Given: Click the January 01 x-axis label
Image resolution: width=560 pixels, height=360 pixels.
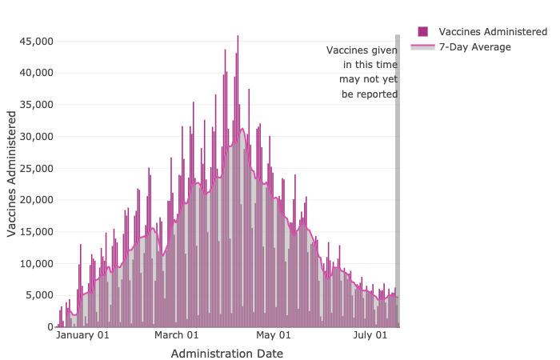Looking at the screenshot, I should click(x=82, y=336).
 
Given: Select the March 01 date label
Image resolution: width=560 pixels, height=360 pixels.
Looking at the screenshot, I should click(x=177, y=336).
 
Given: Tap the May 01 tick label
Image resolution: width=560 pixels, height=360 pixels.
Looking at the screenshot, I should click(x=274, y=336).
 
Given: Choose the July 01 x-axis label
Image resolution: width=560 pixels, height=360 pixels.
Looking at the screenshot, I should click(x=370, y=336).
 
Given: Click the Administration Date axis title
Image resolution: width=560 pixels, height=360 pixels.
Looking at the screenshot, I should click(x=226, y=353).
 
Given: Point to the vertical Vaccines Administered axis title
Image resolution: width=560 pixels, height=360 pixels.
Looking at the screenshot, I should click(x=12, y=174).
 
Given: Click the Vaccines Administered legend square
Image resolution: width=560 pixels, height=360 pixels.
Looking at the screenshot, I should click(x=423, y=31).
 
